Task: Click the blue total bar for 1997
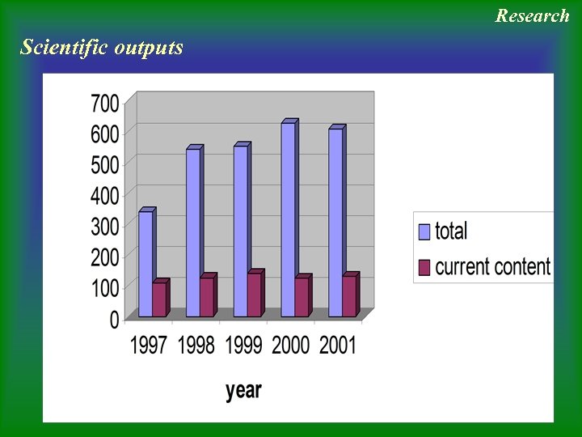click(145, 264)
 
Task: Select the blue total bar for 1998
click(192, 233)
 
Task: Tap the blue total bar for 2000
click(288, 219)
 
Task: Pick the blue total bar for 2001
click(335, 223)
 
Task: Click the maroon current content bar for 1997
click(158, 299)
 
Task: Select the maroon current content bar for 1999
click(254, 295)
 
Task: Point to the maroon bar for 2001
click(348, 296)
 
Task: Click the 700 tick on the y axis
click(104, 104)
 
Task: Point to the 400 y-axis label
click(104, 195)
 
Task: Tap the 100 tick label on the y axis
click(104, 286)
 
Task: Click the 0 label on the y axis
click(114, 320)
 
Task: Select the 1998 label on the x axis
click(196, 346)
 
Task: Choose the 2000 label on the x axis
click(291, 346)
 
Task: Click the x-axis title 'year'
click(243, 391)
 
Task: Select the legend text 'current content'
click(492, 267)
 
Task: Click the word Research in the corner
click(533, 15)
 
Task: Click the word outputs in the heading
click(149, 47)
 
